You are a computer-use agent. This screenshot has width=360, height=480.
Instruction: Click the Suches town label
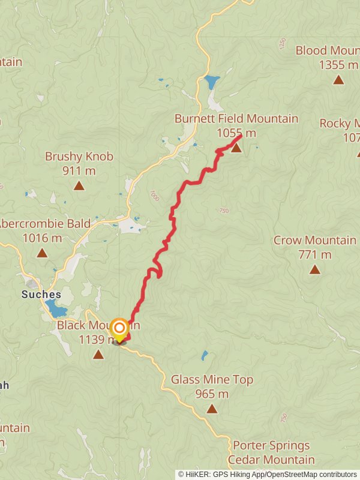(41, 294)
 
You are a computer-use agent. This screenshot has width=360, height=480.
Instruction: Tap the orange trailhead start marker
(120, 328)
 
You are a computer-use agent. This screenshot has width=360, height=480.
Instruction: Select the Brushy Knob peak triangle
(79, 185)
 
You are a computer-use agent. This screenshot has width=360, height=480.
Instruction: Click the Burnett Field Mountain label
(236, 119)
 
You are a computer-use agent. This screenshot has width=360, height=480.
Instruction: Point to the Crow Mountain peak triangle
(314, 269)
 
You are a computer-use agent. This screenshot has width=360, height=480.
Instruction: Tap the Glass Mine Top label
(212, 379)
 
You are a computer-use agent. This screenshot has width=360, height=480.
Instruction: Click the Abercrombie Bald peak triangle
(42, 253)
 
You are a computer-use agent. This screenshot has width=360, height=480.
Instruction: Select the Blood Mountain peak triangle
(338, 80)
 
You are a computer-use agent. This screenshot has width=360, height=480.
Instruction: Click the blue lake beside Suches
(56, 309)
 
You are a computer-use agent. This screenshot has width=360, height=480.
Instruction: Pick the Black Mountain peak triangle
(98, 355)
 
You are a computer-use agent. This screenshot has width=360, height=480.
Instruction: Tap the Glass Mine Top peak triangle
(212, 409)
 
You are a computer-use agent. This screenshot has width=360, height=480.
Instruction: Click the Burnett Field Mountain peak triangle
(236, 147)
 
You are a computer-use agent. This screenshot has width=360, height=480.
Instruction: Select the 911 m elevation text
(79, 170)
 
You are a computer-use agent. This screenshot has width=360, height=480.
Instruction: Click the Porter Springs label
(271, 446)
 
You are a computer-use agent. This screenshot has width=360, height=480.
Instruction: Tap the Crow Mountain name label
(314, 240)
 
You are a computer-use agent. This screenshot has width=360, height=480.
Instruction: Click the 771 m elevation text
(314, 254)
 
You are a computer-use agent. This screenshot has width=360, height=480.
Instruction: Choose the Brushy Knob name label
(79, 157)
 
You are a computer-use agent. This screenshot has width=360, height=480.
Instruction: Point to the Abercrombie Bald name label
(44, 224)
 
